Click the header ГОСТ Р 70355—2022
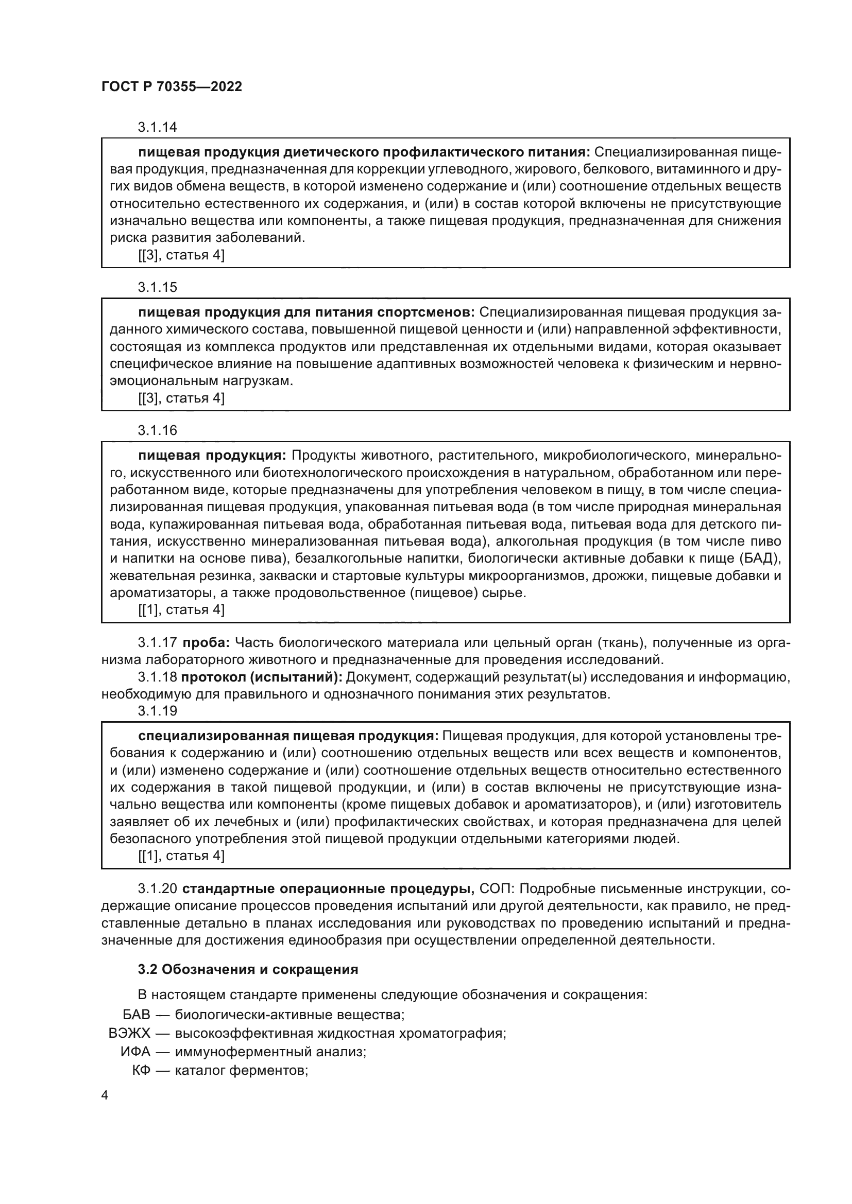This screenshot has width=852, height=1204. [172, 86]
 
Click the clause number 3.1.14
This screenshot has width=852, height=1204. [158, 127]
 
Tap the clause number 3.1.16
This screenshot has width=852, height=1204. [158, 430]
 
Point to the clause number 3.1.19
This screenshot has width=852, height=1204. [158, 710]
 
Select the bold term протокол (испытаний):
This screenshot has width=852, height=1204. [261, 677]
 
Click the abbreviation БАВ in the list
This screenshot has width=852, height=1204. [136, 1014]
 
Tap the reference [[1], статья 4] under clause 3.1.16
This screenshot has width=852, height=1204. [181, 610]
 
